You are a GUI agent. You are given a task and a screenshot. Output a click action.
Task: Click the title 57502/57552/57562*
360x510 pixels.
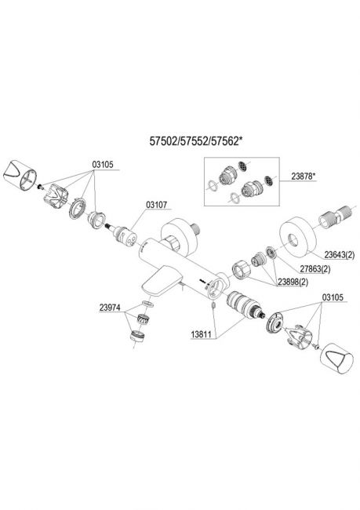(196, 140)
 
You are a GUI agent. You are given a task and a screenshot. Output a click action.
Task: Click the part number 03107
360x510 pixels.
(156, 205)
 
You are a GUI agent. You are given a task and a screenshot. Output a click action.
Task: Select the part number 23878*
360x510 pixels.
(304, 177)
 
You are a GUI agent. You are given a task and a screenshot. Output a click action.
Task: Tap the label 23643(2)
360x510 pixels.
(339, 255)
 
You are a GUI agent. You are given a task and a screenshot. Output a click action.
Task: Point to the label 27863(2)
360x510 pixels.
(315, 269)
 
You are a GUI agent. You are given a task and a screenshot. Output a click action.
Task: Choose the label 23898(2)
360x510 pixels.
(293, 282)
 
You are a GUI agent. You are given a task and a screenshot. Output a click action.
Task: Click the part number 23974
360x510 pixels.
(110, 308)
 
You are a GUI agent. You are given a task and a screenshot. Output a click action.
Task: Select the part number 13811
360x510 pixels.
(202, 334)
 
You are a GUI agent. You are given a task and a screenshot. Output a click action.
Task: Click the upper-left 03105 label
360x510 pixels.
(103, 165)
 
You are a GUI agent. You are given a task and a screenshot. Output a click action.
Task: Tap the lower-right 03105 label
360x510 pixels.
(333, 297)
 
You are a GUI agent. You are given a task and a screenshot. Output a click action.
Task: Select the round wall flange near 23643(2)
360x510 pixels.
(298, 235)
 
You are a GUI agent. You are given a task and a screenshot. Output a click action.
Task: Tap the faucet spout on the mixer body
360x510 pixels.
(162, 279)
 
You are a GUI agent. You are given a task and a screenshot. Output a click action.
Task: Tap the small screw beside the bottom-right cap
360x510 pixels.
(316, 348)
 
